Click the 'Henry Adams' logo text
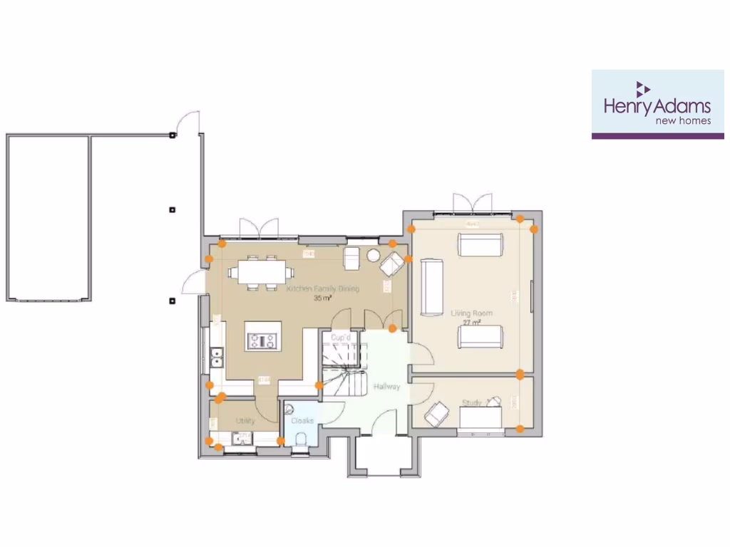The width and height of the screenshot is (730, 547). pyautogui.click(x=657, y=106)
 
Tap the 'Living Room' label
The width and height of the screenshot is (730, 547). pyautogui.click(x=471, y=313)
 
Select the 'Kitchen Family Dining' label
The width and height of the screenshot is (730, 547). pyautogui.click(x=322, y=289)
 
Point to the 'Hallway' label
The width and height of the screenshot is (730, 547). pyautogui.click(x=386, y=387)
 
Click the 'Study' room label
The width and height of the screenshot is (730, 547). pyautogui.click(x=471, y=403)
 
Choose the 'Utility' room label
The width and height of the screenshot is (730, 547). pyautogui.click(x=245, y=421)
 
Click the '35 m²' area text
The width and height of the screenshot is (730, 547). pyautogui.click(x=323, y=299)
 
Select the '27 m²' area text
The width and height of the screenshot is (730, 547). pyautogui.click(x=471, y=323)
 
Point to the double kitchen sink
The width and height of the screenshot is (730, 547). pyautogui.click(x=217, y=357)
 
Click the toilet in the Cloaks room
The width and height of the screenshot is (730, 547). pyautogui.click(x=302, y=437)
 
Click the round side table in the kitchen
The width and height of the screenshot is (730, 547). pyautogui.click(x=373, y=255)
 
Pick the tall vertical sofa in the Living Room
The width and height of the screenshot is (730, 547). pyautogui.click(x=431, y=287)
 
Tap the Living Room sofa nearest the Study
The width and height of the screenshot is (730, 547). pyautogui.click(x=480, y=337)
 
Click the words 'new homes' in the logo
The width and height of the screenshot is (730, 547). pyautogui.click(x=683, y=120)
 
